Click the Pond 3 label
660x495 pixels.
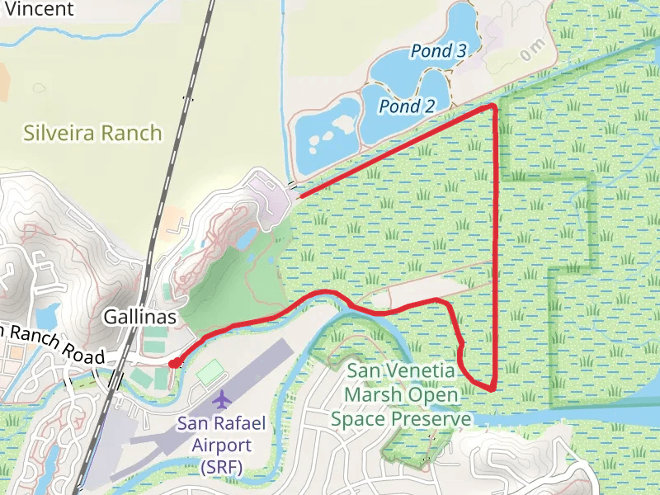[x=439, y=52]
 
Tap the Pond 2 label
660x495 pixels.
[x=407, y=106]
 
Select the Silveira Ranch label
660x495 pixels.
[x=92, y=133]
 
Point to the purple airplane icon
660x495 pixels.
[x=221, y=400]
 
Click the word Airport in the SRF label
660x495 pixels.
[x=221, y=445]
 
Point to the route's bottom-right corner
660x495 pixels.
[x=493, y=388]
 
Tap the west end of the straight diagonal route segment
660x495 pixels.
[x=299, y=196]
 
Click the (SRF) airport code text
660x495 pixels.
[x=221, y=468]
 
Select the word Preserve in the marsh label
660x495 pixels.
[x=428, y=419]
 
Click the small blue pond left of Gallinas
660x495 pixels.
[x=48, y=314]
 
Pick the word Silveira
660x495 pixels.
[x=60, y=133]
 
